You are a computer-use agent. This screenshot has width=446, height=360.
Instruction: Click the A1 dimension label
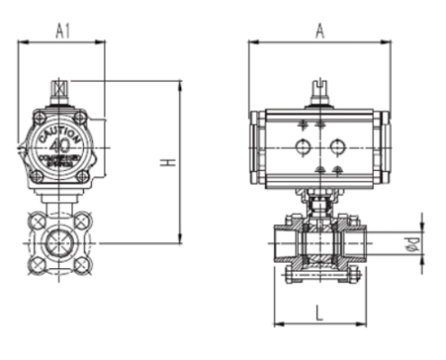[63, 30]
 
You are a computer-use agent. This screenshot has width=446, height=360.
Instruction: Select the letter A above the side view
[319, 30]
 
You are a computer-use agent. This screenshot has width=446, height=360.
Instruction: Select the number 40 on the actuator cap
[61, 144]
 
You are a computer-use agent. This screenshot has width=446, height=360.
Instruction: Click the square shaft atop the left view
[60, 90]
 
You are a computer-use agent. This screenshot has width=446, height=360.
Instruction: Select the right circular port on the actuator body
[337, 146]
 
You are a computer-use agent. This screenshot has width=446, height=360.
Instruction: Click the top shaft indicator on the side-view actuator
[320, 92]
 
